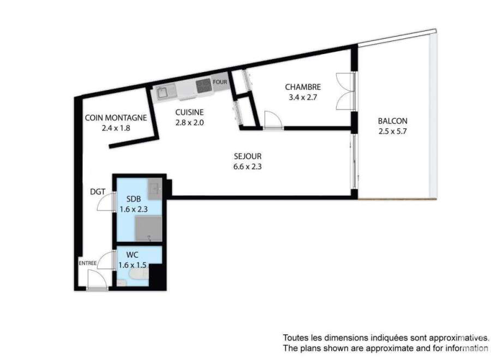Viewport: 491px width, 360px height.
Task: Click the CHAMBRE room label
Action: pos(303,87)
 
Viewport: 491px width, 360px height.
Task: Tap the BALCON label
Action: pos(393,121)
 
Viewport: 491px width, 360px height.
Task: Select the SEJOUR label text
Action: pos(248,156)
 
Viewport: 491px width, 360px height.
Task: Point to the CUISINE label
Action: pos(189,112)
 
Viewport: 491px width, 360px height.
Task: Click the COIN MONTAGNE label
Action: pos(116,118)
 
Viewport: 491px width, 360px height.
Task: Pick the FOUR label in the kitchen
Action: pos(220,82)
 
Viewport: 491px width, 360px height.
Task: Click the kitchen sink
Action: pos(166,92)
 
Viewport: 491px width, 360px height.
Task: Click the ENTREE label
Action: pos(87,263)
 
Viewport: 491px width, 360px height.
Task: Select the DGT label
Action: pos(98,191)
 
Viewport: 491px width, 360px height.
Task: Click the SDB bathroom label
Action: pos(134,199)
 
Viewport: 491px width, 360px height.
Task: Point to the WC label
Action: pos(132,255)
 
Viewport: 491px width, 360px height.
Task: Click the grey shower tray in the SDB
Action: pos(148,229)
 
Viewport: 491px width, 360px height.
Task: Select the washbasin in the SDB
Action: pos(155,189)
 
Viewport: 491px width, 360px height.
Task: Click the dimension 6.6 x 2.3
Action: pos(247,166)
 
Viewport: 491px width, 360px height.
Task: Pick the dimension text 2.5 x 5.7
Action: pos(392,131)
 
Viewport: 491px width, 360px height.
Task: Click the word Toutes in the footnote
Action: pos(295,338)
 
